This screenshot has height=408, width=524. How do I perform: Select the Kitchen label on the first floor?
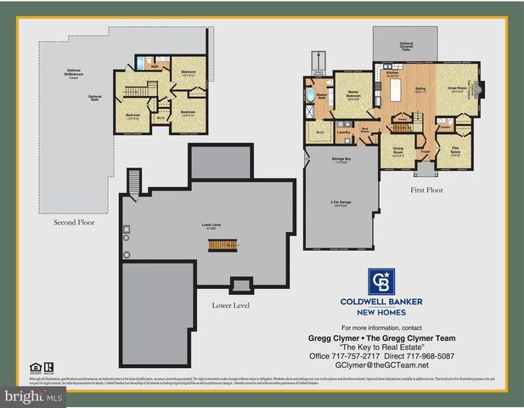click(392, 75)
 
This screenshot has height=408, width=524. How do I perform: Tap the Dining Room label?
click(397, 151)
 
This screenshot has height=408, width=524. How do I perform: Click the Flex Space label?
click(457, 151)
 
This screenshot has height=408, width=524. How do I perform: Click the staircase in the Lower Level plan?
click(220, 244)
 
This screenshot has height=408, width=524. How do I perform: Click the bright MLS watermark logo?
click(32, 396)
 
